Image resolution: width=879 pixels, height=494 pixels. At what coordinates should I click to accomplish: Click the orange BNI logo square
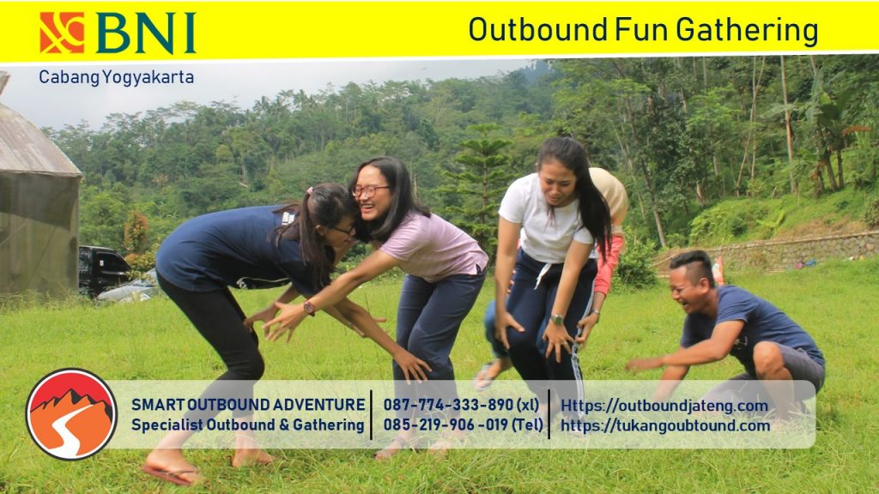(62, 33)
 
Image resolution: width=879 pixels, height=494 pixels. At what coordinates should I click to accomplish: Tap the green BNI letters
(146, 33)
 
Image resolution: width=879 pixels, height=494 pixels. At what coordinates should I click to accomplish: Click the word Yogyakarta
(148, 77)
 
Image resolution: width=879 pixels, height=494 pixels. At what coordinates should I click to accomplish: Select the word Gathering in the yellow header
(747, 30)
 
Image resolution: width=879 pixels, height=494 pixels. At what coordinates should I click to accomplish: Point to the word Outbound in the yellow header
(538, 29)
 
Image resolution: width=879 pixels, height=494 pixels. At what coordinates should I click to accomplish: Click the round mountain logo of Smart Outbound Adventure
(71, 414)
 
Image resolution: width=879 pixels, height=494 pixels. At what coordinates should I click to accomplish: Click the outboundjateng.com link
(664, 406)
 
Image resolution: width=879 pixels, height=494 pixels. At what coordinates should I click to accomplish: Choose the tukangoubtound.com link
(665, 425)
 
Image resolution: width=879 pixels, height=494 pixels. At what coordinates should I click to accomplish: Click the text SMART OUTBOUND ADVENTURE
(248, 405)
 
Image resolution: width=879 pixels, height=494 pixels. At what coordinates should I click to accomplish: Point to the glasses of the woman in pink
(370, 191)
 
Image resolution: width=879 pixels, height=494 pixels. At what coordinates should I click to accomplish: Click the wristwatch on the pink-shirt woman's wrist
(309, 308)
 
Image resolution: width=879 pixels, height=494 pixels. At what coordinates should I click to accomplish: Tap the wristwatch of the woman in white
(556, 320)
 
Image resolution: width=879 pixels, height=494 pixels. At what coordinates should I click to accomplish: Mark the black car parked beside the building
(102, 268)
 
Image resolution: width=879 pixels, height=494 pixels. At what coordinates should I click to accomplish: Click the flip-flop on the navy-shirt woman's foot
(170, 473)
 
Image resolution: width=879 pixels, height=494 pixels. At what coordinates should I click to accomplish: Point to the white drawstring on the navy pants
(543, 275)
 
